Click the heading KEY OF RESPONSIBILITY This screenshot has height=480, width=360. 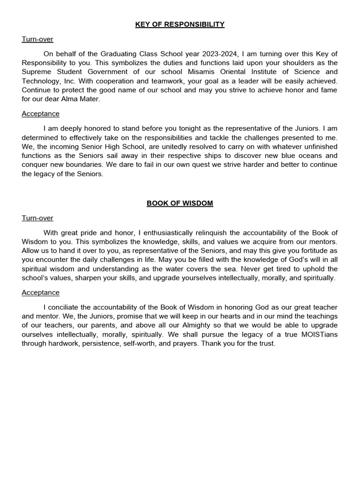click(x=180, y=24)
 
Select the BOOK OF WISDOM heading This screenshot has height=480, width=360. click(x=180, y=203)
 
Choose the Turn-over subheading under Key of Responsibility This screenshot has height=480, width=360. click(x=37, y=39)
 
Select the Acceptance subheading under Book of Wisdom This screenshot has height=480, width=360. click(x=40, y=292)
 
